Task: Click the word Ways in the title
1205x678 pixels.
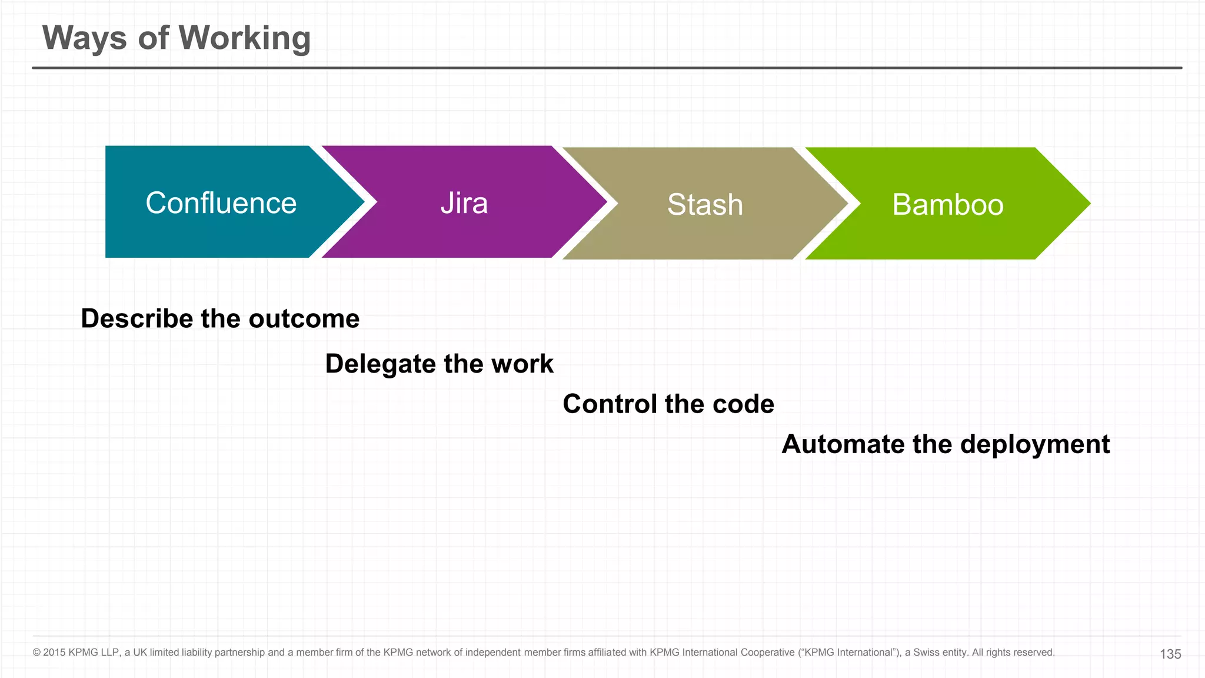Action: pos(84,38)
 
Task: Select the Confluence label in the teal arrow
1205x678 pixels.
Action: pos(221,203)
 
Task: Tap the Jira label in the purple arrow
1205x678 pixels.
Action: pos(464,203)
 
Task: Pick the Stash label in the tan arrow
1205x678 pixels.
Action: pos(705,205)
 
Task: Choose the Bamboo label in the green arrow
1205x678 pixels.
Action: pos(947,205)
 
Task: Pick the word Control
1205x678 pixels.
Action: pos(610,404)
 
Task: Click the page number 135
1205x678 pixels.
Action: pos(1170,654)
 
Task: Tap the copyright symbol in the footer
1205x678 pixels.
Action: pos(36,653)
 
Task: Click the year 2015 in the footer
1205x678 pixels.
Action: pos(54,653)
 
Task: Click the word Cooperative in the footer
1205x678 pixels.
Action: pos(767,653)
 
